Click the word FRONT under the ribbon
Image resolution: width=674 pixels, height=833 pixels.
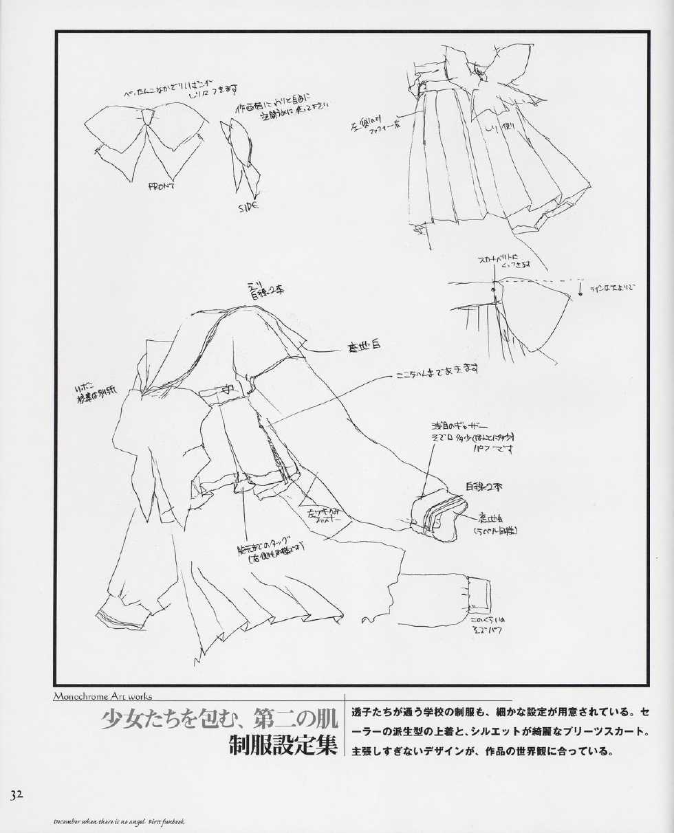point(162,186)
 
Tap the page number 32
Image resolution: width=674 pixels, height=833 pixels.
point(17,795)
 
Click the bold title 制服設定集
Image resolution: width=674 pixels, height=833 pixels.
point(283,744)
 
